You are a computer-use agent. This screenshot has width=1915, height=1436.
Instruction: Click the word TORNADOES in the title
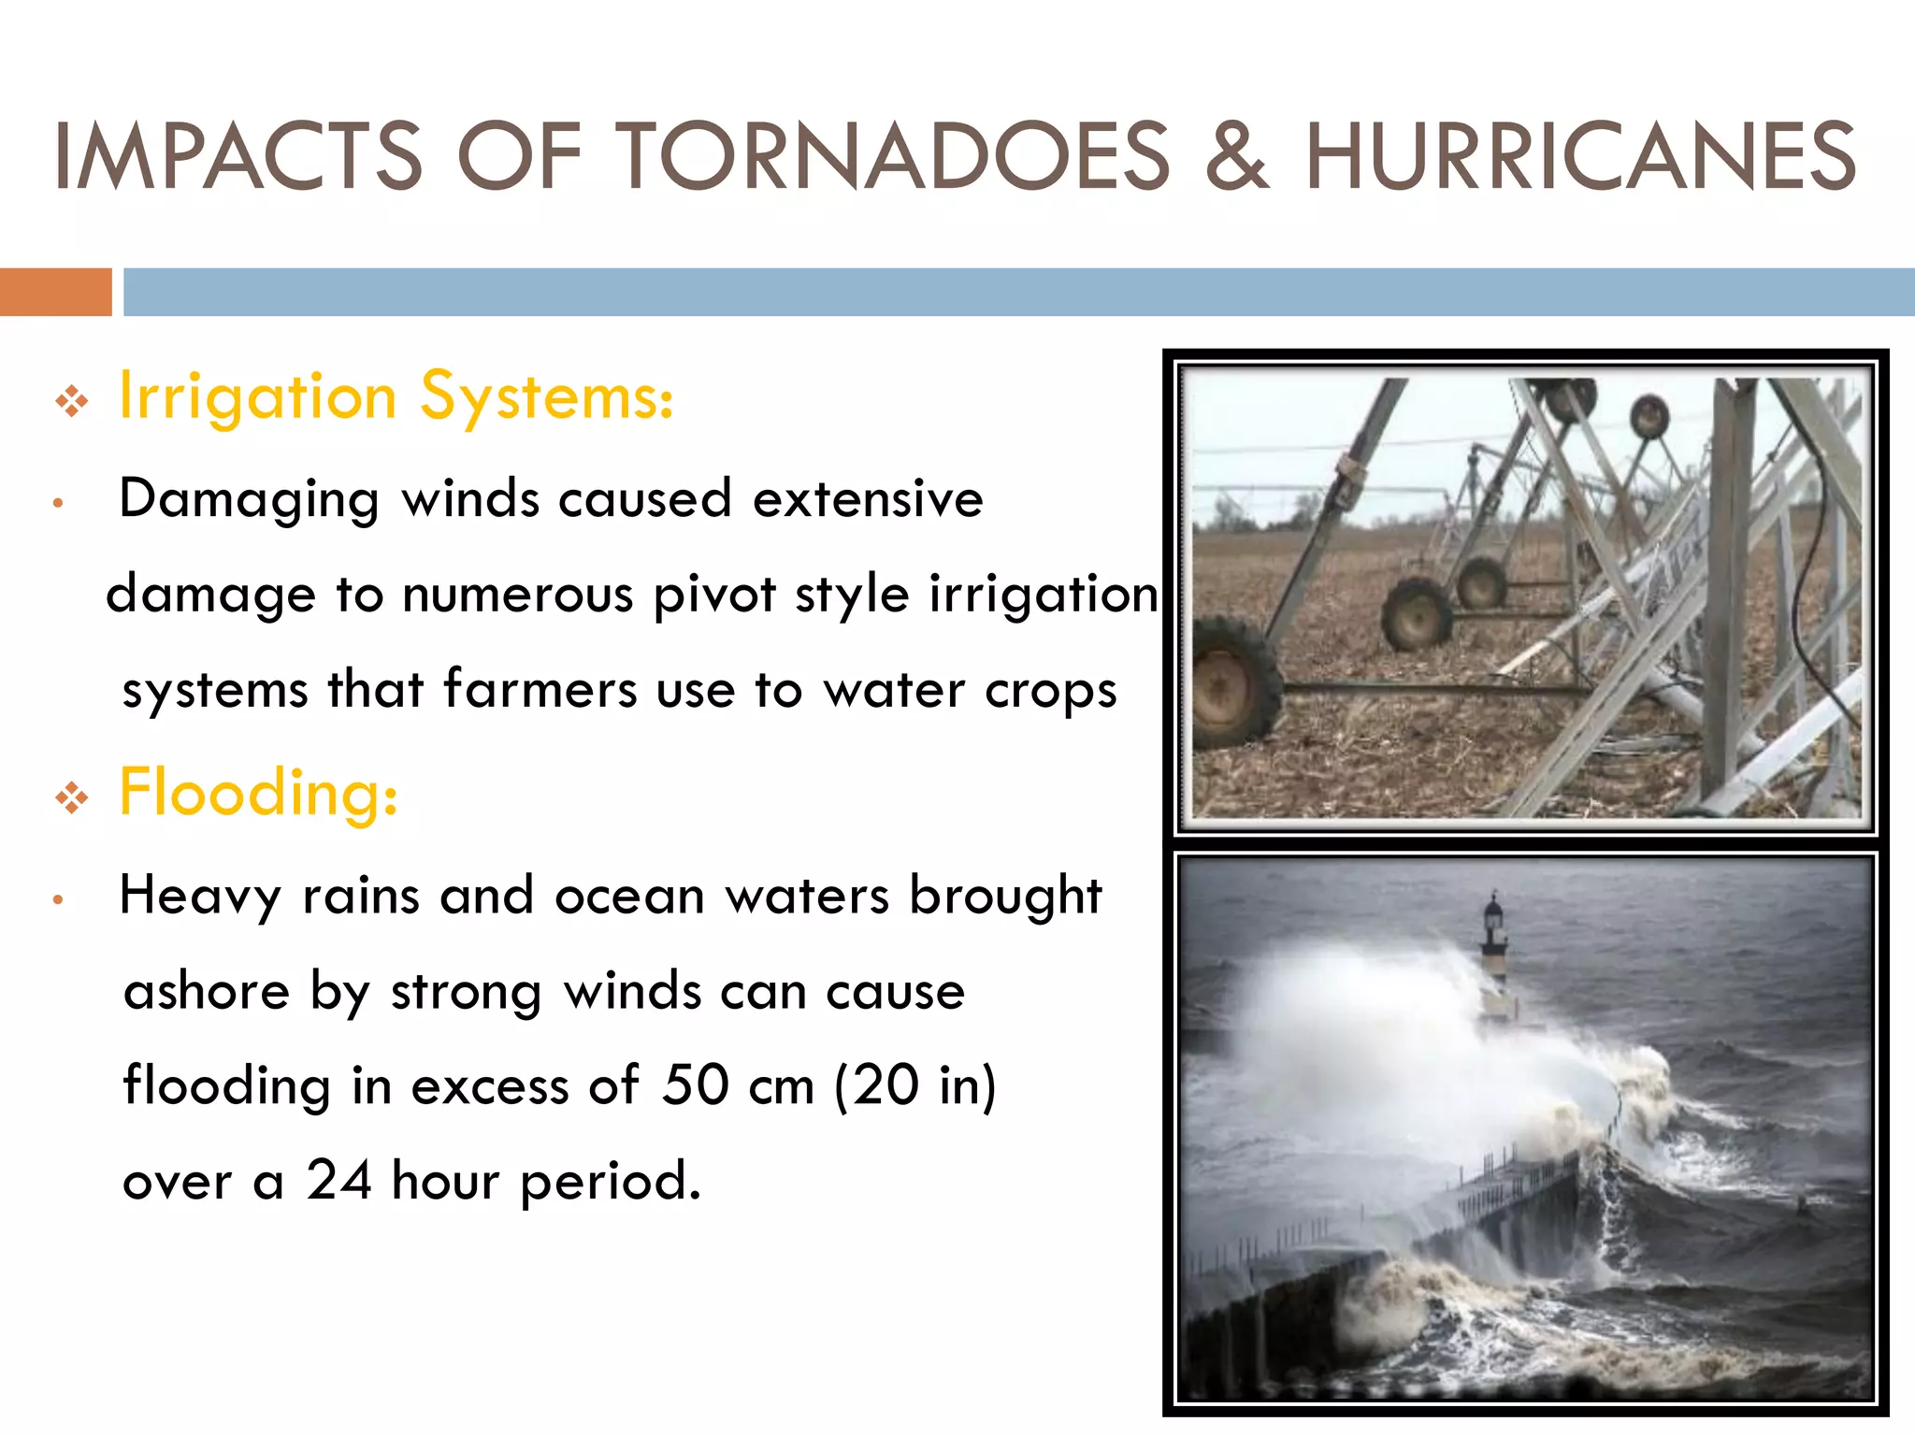(x=892, y=156)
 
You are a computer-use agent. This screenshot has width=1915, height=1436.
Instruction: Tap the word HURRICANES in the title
(x=1580, y=156)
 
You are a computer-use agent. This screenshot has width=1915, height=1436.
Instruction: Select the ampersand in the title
(x=1236, y=156)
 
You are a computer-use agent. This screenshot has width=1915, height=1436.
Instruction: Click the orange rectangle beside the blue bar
(x=55, y=292)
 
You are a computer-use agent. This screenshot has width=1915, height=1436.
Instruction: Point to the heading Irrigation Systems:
(x=396, y=397)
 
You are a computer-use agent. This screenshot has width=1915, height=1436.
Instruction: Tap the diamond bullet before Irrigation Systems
(x=72, y=402)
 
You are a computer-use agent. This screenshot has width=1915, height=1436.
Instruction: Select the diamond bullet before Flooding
(x=72, y=798)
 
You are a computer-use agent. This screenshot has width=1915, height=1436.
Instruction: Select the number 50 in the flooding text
(x=695, y=1085)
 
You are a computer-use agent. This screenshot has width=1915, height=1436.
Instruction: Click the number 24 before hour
(x=339, y=1181)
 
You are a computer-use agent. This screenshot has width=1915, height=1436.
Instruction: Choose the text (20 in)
(x=914, y=1087)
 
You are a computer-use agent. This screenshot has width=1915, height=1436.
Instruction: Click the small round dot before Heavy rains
(x=58, y=900)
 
